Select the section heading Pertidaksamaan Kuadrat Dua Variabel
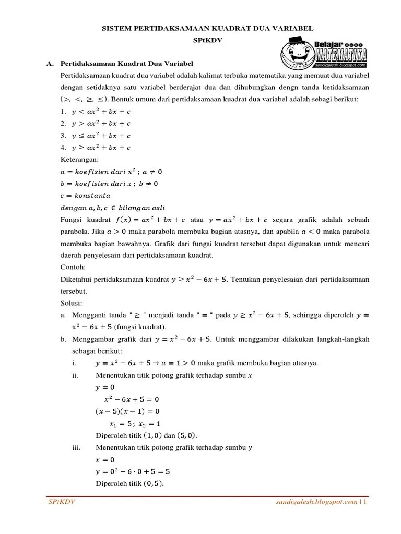coord(127,63)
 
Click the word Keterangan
coord(79,160)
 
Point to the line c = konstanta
coord(86,196)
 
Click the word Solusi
coord(72,303)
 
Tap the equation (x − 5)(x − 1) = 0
coord(127,411)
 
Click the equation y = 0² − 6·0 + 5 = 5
coord(133,471)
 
